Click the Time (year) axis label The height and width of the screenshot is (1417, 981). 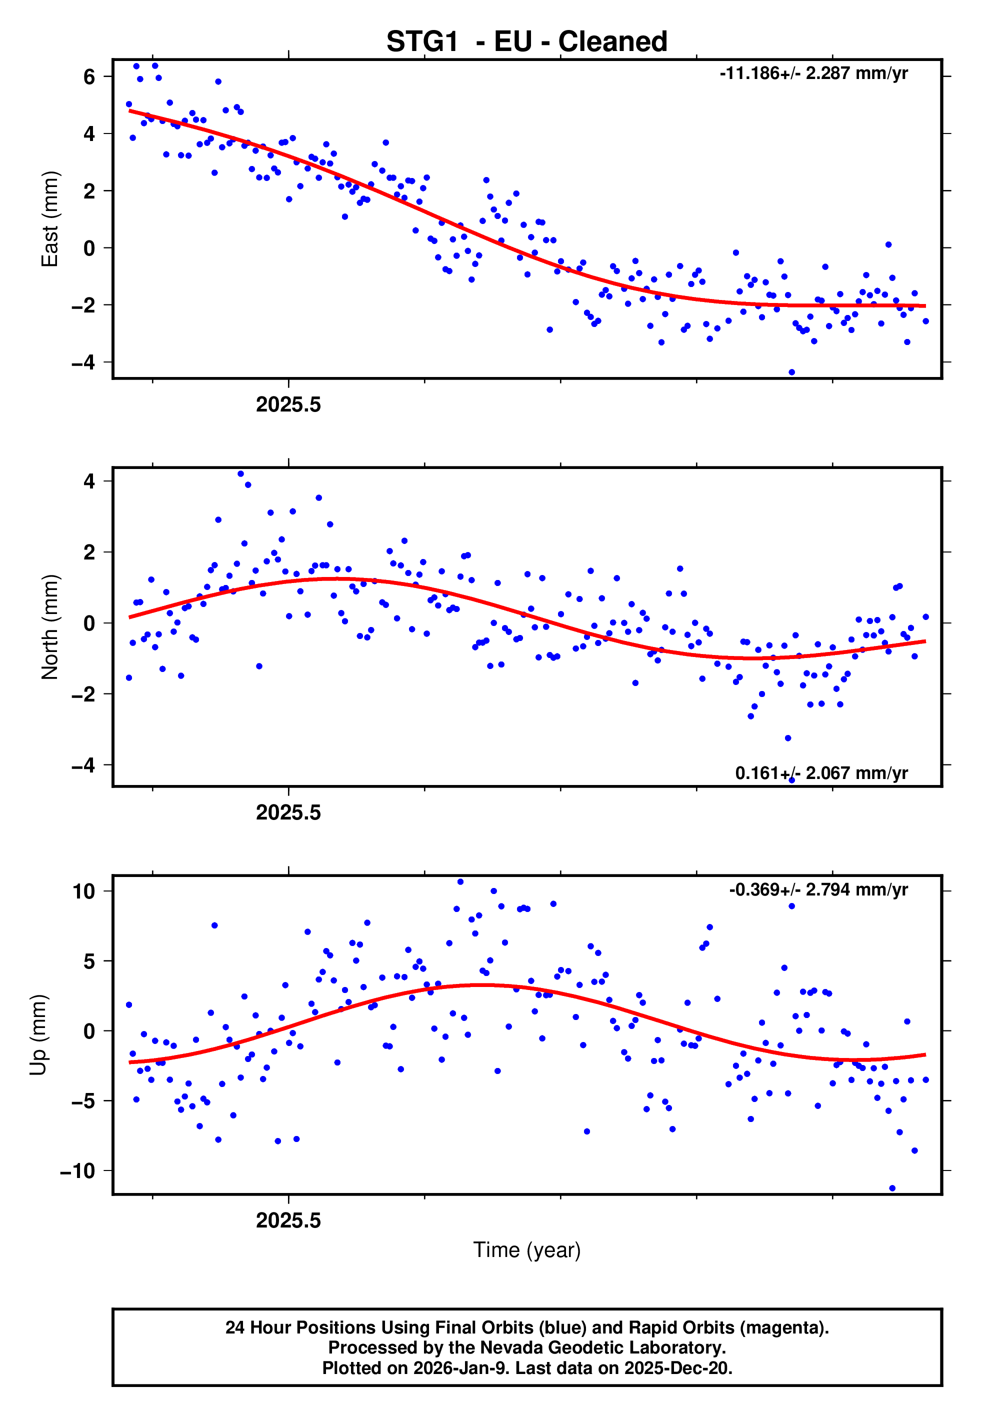[x=527, y=1250]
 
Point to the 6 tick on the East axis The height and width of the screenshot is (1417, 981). [x=89, y=77]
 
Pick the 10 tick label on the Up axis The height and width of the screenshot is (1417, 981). [x=83, y=891]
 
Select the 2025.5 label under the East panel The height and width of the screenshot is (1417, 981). [x=288, y=404]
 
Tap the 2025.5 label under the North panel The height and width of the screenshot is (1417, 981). [x=288, y=812]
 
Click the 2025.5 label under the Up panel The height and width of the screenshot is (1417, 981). [x=288, y=1220]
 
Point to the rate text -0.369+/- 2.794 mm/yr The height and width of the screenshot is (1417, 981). [x=818, y=890]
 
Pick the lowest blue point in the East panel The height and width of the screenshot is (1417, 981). [x=791, y=372]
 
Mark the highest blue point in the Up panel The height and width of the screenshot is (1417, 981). [x=460, y=882]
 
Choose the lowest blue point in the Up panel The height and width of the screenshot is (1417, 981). [x=892, y=1188]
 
